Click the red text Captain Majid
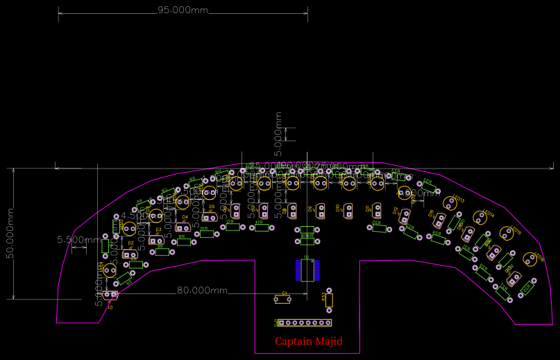coord(308,341)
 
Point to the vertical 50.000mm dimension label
coord(10,234)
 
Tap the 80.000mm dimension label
coord(202,290)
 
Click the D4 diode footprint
coord(183,227)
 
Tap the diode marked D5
coord(209,218)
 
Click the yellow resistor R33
coord(329,300)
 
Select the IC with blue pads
coord(305,269)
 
